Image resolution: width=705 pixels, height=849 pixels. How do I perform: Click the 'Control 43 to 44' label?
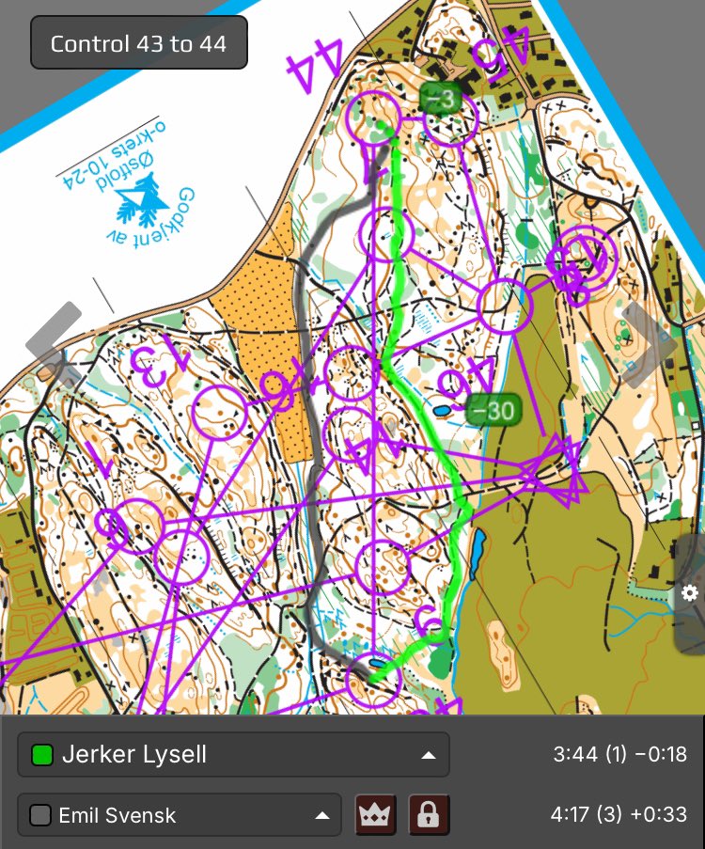[138, 43]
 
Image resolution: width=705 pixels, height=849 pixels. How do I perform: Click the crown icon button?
[375, 815]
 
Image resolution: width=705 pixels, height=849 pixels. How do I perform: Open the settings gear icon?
[690, 592]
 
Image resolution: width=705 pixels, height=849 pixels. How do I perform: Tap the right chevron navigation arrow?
[649, 343]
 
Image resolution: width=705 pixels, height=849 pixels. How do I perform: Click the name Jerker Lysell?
[133, 754]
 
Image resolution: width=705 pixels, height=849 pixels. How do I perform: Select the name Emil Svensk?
[117, 815]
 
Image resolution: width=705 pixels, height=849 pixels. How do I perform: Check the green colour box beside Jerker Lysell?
[41, 754]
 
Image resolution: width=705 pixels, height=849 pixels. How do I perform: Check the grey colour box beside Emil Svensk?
[40, 815]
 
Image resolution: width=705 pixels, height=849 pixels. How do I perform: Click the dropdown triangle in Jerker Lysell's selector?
[428, 754]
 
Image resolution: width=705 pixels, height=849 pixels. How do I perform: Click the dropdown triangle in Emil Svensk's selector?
[320, 815]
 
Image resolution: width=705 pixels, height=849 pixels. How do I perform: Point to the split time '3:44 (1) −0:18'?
[620, 754]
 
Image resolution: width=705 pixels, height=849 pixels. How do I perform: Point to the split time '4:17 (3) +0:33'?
[620, 815]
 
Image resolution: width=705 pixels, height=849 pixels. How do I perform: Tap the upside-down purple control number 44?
[315, 66]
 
